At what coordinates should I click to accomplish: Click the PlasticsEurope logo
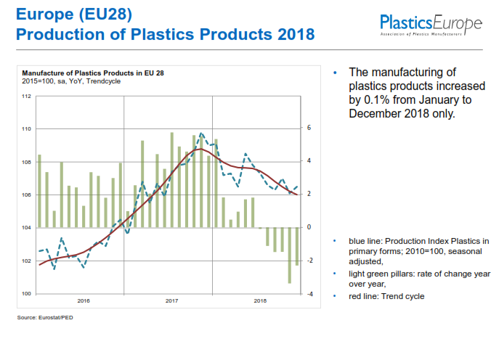(x=431, y=25)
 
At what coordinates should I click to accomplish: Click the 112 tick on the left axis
(x=27, y=96)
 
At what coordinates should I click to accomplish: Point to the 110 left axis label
(x=27, y=129)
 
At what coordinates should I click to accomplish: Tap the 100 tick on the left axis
(x=27, y=294)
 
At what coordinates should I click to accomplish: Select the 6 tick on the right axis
(x=309, y=128)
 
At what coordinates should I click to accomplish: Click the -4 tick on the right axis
(x=309, y=294)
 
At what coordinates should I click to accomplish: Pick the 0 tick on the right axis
(x=309, y=227)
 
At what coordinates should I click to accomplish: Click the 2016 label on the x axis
(x=84, y=300)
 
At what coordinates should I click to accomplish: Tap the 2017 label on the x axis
(x=171, y=300)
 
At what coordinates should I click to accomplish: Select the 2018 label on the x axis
(x=260, y=300)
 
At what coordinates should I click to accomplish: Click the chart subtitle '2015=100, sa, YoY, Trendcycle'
(x=71, y=81)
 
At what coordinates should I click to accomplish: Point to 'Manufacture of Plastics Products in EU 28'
(x=93, y=73)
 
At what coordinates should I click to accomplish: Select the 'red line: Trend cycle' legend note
(x=386, y=296)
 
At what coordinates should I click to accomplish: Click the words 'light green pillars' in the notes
(x=378, y=274)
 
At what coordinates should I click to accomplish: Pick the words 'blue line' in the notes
(x=364, y=240)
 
